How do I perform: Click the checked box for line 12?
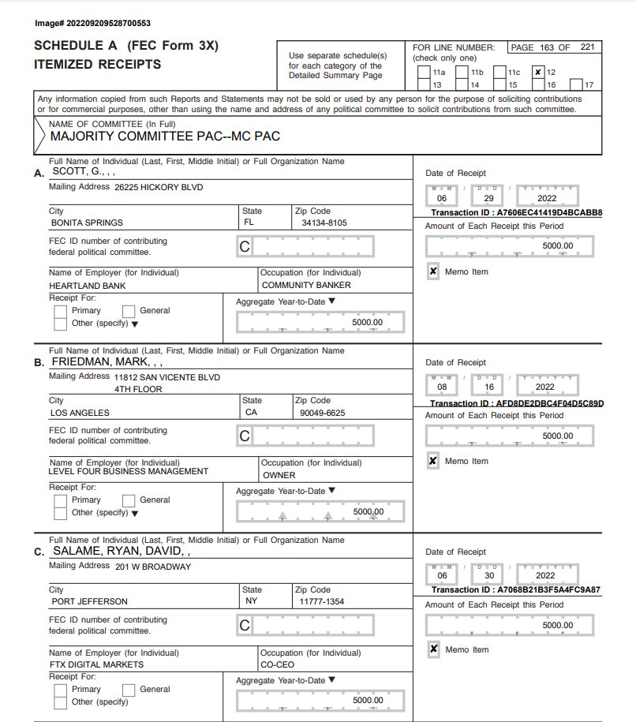(x=538, y=72)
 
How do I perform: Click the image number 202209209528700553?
(x=93, y=24)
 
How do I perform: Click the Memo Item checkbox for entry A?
(x=433, y=271)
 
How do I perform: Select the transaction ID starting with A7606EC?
(x=516, y=213)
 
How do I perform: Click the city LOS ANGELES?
(x=80, y=412)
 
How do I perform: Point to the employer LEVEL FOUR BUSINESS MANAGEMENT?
(x=129, y=471)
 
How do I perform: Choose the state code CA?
(x=252, y=412)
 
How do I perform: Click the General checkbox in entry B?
(x=129, y=499)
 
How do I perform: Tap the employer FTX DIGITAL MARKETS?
(x=96, y=664)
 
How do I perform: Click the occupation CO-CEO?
(x=279, y=664)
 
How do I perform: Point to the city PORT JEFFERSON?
(x=88, y=601)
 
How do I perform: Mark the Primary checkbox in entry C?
(x=61, y=689)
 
